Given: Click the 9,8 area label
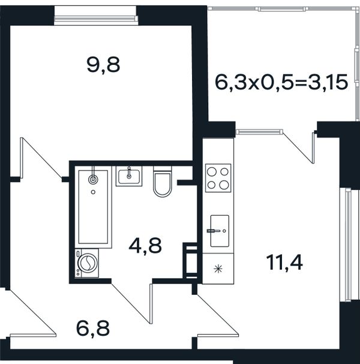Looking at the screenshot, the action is [103, 65].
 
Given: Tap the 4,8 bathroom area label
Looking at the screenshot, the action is [145, 246].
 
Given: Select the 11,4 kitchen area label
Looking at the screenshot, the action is [284, 262].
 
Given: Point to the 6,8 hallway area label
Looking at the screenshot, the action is [93, 329].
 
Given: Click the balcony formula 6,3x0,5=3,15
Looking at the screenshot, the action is [281, 82].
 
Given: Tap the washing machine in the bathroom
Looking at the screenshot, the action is [87, 262].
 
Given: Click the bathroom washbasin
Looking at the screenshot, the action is [129, 176].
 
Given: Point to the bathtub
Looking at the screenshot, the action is [93, 207].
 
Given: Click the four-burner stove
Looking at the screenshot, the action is [218, 178].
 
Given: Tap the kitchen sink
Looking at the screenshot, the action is [220, 231].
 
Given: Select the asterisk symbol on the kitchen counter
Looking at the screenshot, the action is [218, 269].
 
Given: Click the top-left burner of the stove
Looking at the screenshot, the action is [212, 172].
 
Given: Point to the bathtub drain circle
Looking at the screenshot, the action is [93, 192].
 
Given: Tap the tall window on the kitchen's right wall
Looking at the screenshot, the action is [347, 244].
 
